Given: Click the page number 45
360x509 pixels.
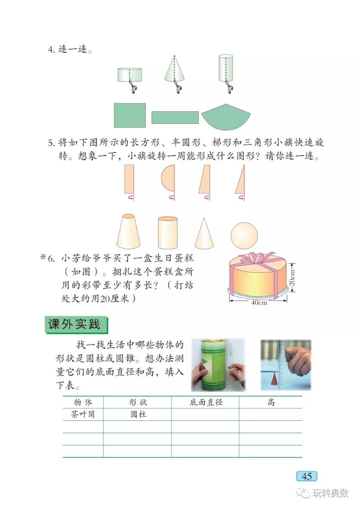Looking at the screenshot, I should coord(306,476).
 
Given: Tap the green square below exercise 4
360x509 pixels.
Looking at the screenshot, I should coord(130,115).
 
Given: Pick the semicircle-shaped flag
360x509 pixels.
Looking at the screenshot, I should coord(168,179).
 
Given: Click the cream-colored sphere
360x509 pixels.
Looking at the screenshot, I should coord(244,235).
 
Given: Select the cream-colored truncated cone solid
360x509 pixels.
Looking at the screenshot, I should coord(128,232).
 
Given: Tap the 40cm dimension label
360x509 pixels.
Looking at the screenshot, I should coord(259,303).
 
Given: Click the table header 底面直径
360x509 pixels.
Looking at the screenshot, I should coord(206,402).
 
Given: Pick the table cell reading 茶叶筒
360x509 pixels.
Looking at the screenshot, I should coord(83,414).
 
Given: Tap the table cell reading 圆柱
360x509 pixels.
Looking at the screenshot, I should coord(138,414).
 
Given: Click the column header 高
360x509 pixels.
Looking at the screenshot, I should coord(271,402).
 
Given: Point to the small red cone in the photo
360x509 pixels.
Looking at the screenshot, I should coord(274,379).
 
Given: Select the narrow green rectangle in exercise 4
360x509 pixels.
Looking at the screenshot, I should coord(175,118).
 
